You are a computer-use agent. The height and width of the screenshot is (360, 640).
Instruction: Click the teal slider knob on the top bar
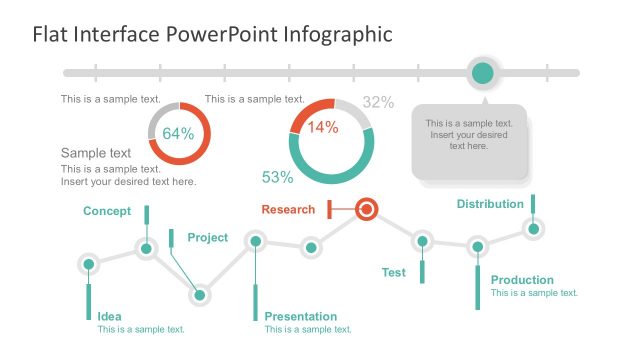click(x=483, y=72)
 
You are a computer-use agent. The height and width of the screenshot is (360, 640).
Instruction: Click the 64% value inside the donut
click(x=178, y=133)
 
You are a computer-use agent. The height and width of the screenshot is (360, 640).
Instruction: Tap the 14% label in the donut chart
click(x=322, y=127)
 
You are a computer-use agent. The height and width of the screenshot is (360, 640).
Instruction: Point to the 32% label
click(x=378, y=102)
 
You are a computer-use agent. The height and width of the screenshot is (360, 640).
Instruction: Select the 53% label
click(x=277, y=177)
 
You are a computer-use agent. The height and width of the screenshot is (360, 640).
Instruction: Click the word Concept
click(x=107, y=210)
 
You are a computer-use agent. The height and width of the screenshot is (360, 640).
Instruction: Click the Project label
click(x=207, y=237)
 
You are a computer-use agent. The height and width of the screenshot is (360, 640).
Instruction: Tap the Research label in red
click(x=288, y=209)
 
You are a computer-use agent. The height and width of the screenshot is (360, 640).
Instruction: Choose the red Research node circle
click(x=367, y=209)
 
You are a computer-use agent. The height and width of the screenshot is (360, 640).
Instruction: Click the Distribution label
click(x=490, y=204)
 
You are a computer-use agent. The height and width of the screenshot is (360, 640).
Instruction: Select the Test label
click(x=394, y=272)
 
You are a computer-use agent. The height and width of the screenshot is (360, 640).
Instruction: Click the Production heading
click(x=522, y=280)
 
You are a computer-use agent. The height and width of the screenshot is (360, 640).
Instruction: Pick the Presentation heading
click(x=301, y=316)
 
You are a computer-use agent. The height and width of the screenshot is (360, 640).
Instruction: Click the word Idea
click(x=109, y=316)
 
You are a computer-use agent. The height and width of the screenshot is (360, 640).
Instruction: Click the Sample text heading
click(x=96, y=153)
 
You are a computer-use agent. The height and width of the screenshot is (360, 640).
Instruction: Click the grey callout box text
click(x=469, y=134)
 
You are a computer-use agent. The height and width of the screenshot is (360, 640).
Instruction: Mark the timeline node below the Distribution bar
click(x=534, y=229)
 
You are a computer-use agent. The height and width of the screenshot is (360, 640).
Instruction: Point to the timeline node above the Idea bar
click(x=89, y=264)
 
